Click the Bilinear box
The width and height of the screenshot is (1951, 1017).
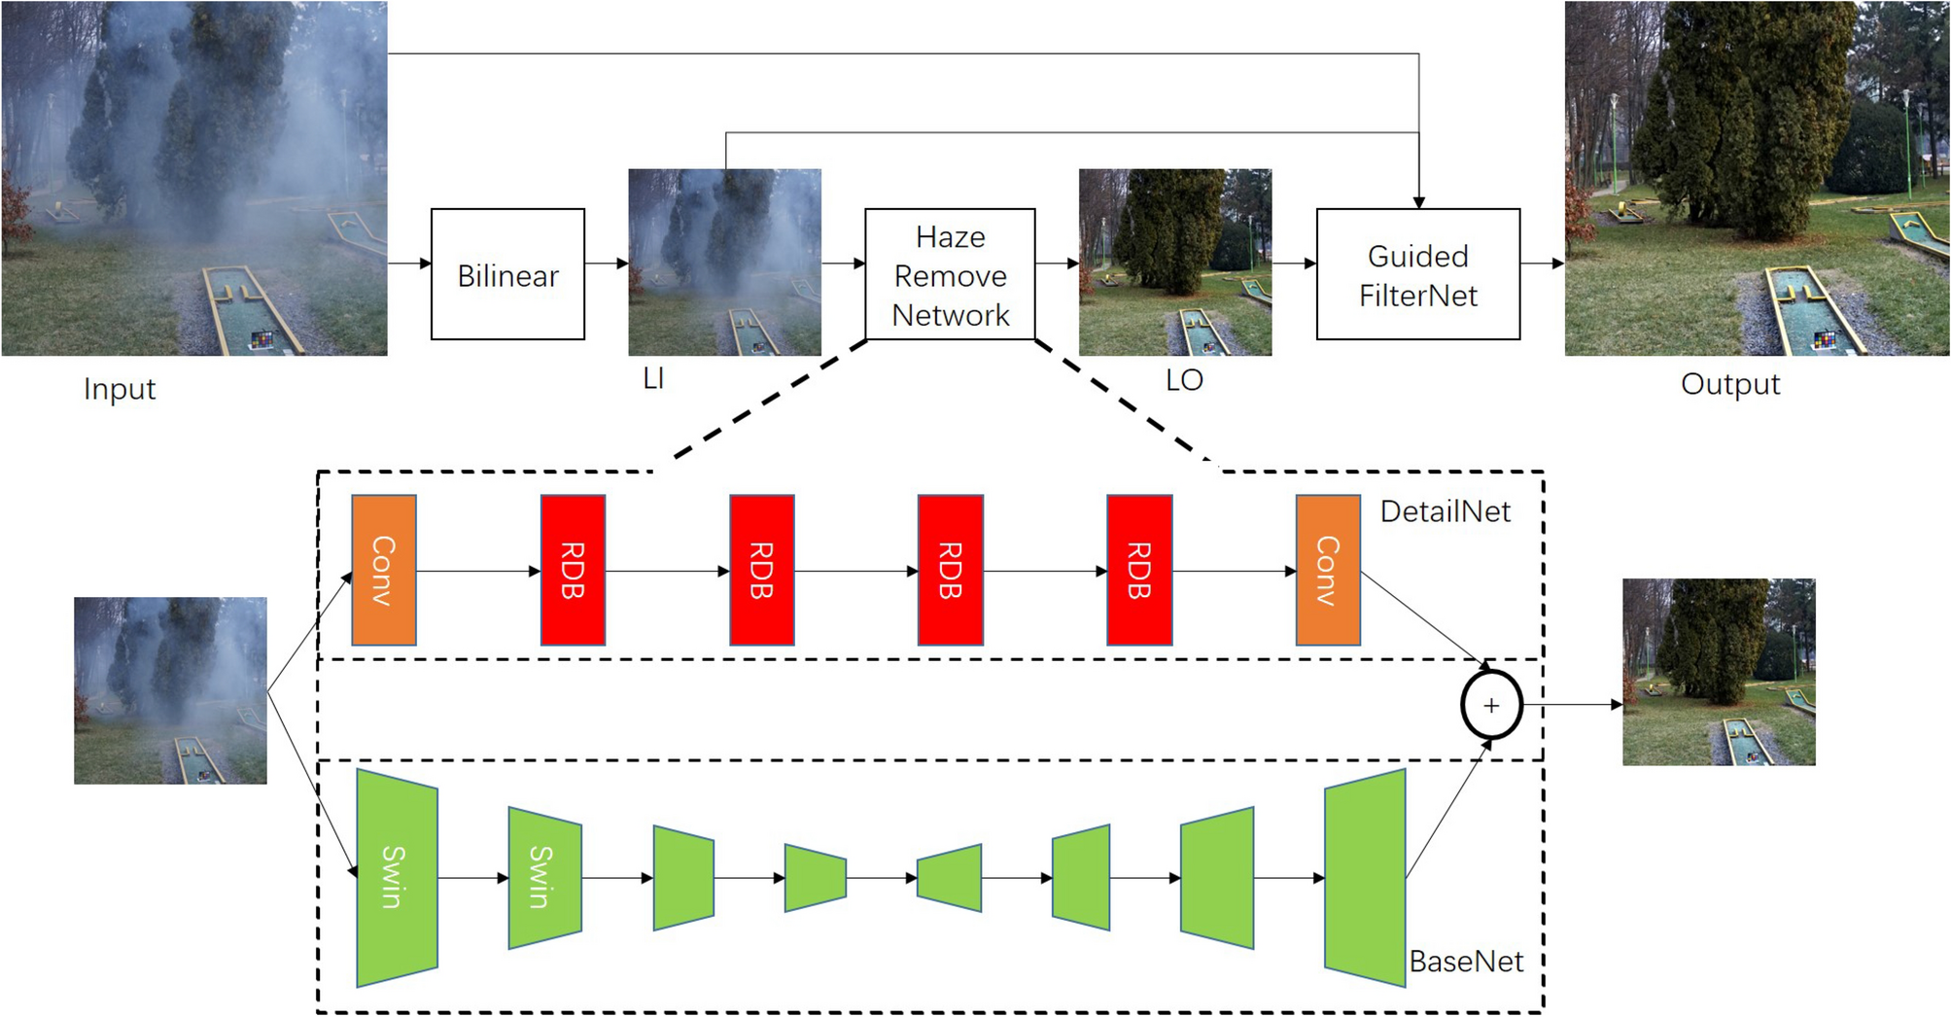[x=507, y=274]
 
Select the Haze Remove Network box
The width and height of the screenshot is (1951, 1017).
[x=950, y=274]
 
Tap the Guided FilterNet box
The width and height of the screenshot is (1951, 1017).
[x=1417, y=274]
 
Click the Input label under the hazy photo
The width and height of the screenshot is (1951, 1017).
[x=119, y=389]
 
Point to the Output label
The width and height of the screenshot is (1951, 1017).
[x=1729, y=384]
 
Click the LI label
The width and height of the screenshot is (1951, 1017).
[x=653, y=378]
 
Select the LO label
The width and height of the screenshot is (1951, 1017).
[x=1183, y=380]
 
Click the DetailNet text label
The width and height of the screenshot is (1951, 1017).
[x=1445, y=511]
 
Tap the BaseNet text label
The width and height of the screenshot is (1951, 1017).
[x=1466, y=962]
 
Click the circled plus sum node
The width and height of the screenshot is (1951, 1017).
[x=1490, y=705]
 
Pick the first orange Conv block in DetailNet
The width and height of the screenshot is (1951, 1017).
[x=384, y=570]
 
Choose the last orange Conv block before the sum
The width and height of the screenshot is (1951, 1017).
[x=1327, y=570]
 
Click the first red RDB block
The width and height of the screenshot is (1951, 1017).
[x=573, y=570]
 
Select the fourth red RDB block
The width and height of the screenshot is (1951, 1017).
[x=1138, y=570]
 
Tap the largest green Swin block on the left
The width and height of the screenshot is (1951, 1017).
[x=397, y=877]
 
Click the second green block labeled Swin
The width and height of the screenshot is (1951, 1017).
[x=544, y=877]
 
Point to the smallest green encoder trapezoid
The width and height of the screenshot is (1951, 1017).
[x=815, y=877]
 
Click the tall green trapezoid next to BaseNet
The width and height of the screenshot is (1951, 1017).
[x=1365, y=877]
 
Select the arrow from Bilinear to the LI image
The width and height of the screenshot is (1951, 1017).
[x=607, y=263]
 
